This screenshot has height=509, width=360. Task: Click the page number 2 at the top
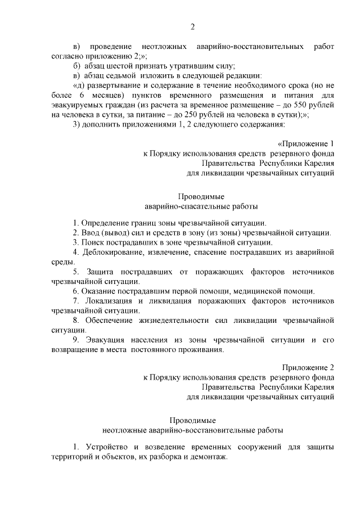pyautogui.click(x=192, y=26)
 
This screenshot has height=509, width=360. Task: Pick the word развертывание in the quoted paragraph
pyautogui.click(x=108, y=85)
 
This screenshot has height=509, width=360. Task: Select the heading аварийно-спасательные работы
pyautogui.click(x=193, y=206)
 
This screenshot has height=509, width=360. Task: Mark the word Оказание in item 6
pyautogui.click(x=101, y=291)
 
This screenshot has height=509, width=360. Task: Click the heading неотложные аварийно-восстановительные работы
pyautogui.click(x=193, y=430)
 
